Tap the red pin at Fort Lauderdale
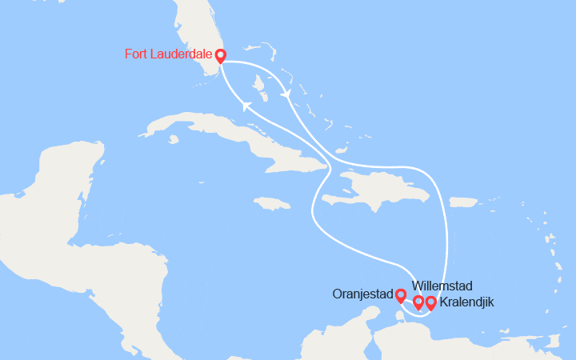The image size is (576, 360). (220, 55)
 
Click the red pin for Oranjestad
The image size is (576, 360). (401, 296)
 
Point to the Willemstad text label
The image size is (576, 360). (442, 286)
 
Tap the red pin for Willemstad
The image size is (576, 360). (418, 302)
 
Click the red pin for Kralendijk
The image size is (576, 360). (430, 302)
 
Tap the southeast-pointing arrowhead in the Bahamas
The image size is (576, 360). (286, 94)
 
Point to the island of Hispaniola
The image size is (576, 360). (376, 192)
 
